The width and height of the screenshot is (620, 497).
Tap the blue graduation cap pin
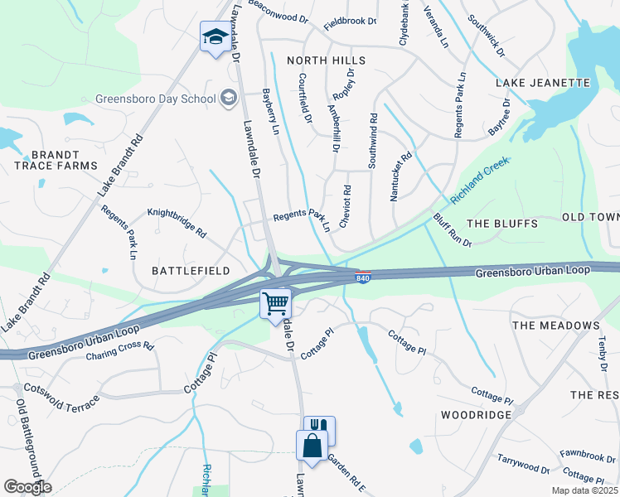(215, 37)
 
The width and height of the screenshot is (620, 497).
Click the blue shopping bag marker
(312, 445)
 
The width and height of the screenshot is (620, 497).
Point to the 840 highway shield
(363, 275)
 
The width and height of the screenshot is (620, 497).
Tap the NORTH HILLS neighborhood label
(326, 61)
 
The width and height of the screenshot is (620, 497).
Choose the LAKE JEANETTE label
(542, 83)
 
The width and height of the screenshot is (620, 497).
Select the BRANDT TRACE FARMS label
(56, 160)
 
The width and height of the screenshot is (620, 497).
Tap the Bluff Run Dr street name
(452, 230)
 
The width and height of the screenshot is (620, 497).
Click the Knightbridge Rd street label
(177, 223)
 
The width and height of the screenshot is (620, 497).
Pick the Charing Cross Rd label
(120, 352)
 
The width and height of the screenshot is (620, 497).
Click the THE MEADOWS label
(555, 326)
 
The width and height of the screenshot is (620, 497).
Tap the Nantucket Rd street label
(400, 176)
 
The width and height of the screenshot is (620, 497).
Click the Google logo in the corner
(27, 487)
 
